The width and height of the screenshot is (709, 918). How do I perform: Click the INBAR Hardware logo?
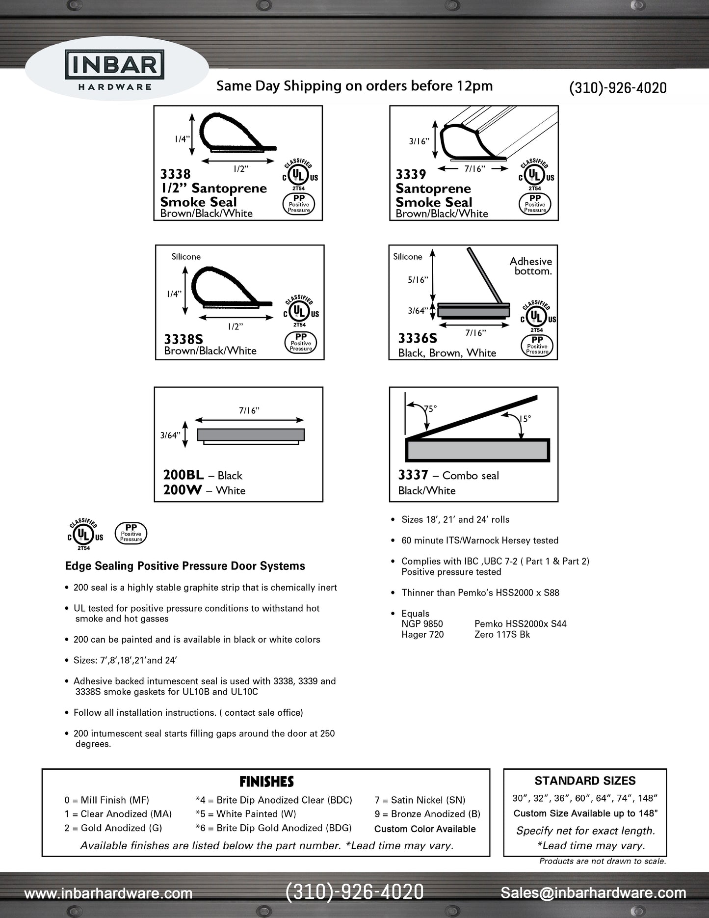pyautogui.click(x=115, y=72)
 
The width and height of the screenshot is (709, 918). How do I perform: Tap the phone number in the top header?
pyautogui.click(x=617, y=88)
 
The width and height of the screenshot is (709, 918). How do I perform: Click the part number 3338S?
pyautogui.click(x=184, y=339)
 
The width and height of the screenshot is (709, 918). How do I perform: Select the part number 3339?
pyautogui.click(x=411, y=174)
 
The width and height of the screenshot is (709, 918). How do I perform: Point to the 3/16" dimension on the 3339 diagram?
pyautogui.click(x=419, y=141)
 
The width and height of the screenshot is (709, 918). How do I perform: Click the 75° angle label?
pyautogui.click(x=430, y=408)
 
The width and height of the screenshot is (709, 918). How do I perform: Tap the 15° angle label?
pyautogui.click(x=525, y=419)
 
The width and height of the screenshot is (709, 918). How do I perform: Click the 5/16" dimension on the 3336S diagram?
pyautogui.click(x=418, y=280)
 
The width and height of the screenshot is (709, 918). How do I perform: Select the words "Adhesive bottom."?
pyautogui.click(x=531, y=266)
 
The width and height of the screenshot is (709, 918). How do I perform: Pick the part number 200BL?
pyautogui.click(x=183, y=475)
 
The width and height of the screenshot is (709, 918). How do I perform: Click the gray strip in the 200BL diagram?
pyautogui.click(x=251, y=434)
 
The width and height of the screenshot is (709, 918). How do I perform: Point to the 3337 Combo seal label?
pyautogui.click(x=448, y=475)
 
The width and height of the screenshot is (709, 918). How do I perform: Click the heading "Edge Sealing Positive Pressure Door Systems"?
pyautogui.click(x=185, y=566)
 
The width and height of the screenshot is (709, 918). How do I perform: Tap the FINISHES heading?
pyautogui.click(x=266, y=782)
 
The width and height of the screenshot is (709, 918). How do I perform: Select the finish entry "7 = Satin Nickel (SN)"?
pyautogui.click(x=420, y=800)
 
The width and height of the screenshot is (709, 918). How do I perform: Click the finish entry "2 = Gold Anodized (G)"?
pyautogui.click(x=113, y=828)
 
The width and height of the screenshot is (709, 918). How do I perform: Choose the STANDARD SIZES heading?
pyautogui.click(x=585, y=781)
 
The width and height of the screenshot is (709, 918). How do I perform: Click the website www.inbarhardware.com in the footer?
pyautogui.click(x=108, y=893)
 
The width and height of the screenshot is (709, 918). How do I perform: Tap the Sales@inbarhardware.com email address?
pyautogui.click(x=593, y=893)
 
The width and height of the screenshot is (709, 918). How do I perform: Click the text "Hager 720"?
pyautogui.click(x=422, y=634)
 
